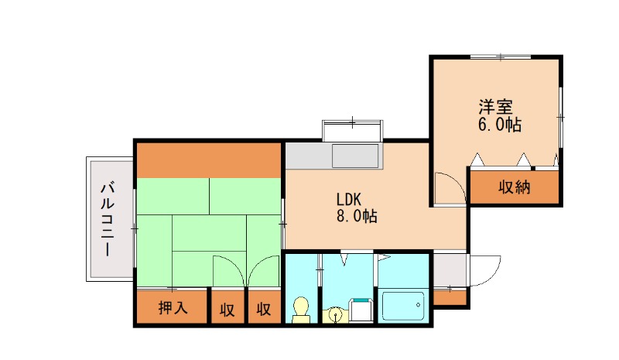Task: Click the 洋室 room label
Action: (x=495, y=107)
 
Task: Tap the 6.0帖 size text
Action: (x=499, y=125)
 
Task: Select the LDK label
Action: (x=349, y=199)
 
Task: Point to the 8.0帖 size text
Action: (x=357, y=216)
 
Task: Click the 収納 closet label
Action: (x=514, y=187)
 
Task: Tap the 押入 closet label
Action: (x=173, y=307)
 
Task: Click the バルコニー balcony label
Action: (x=108, y=219)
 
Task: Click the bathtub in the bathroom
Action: (x=403, y=306)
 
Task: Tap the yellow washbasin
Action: (x=336, y=315)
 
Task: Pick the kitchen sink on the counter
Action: (x=355, y=156)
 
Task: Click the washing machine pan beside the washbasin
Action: (x=361, y=310)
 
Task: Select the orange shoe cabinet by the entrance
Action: (x=450, y=297)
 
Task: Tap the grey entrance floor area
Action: (x=450, y=270)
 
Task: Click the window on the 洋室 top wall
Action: (x=500, y=57)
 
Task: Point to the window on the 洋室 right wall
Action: (x=560, y=118)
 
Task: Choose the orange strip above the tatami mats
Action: (x=208, y=160)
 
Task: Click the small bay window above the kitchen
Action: (x=353, y=130)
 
